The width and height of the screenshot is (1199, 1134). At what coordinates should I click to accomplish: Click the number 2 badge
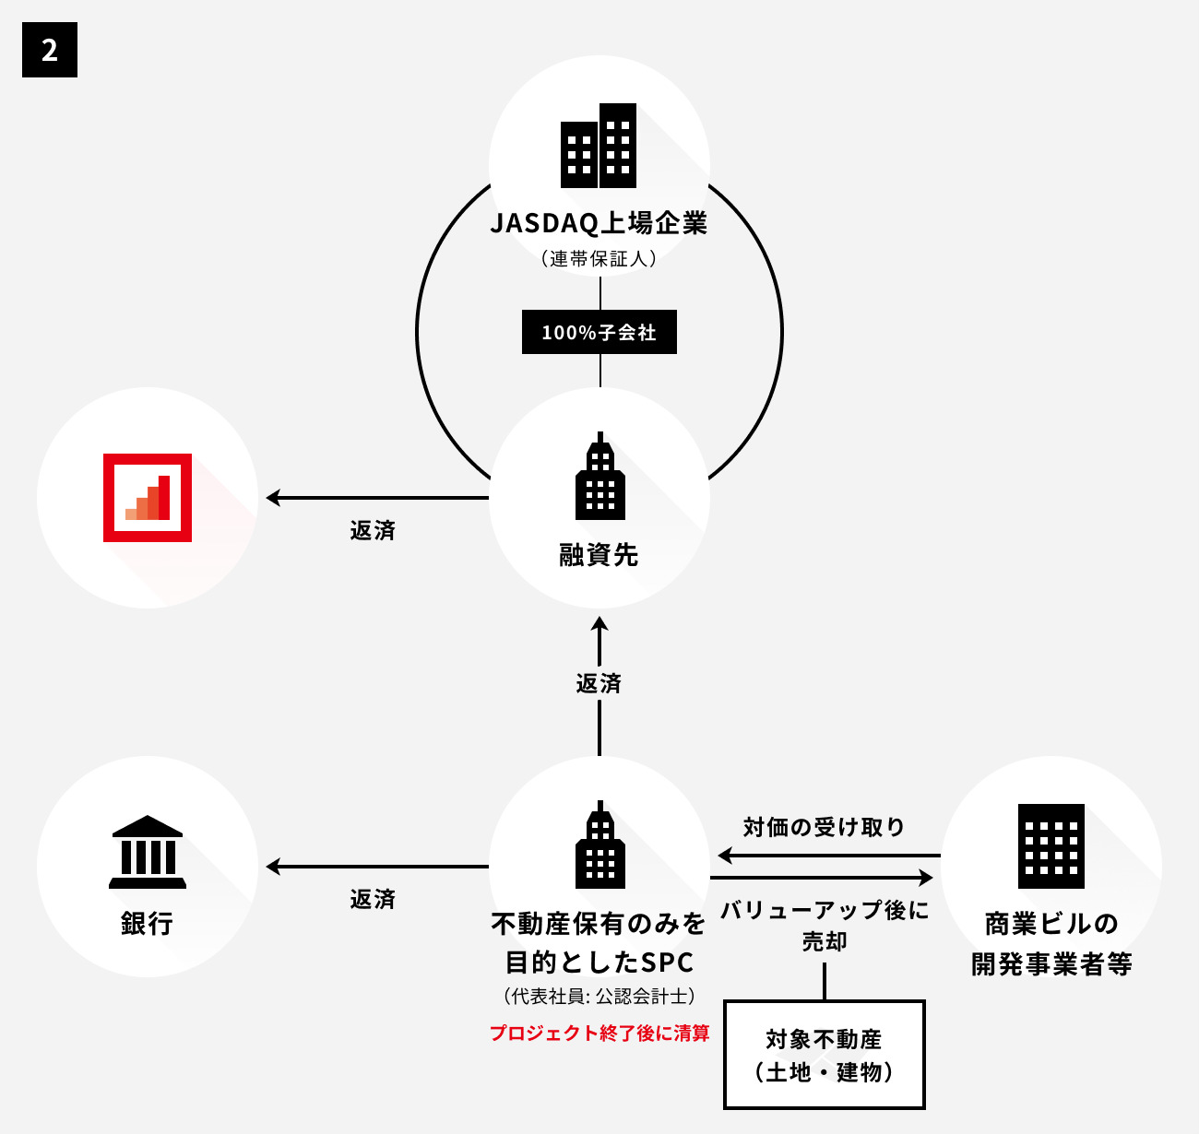[50, 50]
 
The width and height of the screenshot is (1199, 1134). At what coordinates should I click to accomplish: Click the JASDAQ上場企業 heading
[599, 223]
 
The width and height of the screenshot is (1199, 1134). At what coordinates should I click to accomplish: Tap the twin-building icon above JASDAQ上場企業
[599, 146]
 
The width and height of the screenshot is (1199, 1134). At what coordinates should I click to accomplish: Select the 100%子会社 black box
[599, 332]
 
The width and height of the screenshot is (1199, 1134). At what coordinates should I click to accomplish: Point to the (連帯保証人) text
[599, 259]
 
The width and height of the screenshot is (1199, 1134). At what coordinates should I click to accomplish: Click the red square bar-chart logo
[148, 498]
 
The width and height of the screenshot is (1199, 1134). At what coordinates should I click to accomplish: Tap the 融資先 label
[599, 555]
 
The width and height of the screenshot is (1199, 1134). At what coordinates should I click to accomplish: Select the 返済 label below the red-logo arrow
[373, 530]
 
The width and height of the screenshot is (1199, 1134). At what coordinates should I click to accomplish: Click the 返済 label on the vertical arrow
[599, 683]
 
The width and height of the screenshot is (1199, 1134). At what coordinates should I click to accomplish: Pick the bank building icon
[148, 852]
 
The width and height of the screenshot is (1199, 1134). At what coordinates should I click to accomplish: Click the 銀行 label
[148, 923]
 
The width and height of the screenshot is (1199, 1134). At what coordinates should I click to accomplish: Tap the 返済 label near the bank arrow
[373, 899]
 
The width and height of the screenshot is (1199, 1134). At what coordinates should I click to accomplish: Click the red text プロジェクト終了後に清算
[599, 1034]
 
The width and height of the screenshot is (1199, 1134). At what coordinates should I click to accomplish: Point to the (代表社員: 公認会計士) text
[599, 997]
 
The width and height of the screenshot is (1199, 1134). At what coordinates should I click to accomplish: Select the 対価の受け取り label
[824, 827]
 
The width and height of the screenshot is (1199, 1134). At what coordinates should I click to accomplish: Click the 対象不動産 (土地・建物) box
[825, 1055]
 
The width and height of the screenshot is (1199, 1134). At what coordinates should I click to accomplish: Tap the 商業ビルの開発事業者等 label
[1051, 943]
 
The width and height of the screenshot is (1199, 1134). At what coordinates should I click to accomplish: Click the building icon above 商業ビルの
[1051, 845]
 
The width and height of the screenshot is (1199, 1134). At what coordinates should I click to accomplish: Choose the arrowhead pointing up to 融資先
[599, 624]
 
